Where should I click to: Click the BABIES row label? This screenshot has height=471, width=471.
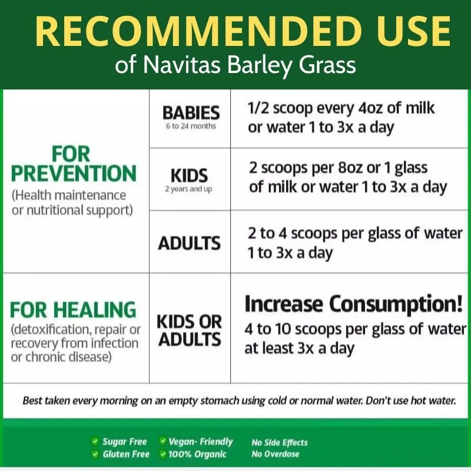tap(191, 113)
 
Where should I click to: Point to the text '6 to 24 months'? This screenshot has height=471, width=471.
tap(191, 126)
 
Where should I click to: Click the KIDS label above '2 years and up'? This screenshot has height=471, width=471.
tap(189, 175)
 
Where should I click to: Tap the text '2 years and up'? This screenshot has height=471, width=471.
tap(188, 189)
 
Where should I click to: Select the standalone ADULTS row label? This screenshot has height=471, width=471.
tap(189, 243)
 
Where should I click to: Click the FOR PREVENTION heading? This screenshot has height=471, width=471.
tap(73, 164)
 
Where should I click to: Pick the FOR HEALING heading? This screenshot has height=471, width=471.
tap(73, 310)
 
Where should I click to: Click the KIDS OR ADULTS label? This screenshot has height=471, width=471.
tap(189, 330)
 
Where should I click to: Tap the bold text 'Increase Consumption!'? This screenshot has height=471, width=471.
tap(354, 304)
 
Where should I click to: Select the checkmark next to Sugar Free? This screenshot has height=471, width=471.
tap(95, 441)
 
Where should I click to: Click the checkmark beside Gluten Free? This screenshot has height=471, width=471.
tap(95, 454)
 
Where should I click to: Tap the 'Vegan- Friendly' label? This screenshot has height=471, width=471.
tap(201, 441)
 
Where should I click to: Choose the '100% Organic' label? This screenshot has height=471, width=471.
tap(197, 454)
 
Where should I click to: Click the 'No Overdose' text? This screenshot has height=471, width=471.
tap(276, 454)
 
